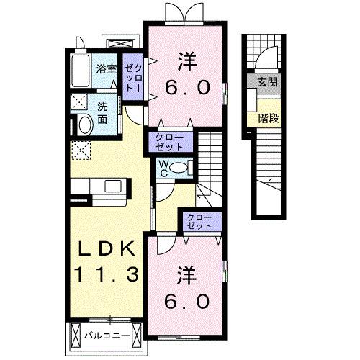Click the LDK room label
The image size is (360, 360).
pos(107,249)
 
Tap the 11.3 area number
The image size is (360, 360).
pos(108,274)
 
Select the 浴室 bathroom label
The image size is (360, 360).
pos(106,70)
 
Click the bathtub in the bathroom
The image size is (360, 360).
pos(81,70)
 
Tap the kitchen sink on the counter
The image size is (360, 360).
pos(112,186)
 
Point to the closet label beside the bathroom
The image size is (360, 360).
pos(132,74)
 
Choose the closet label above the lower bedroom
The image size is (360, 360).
pos(198,221)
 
